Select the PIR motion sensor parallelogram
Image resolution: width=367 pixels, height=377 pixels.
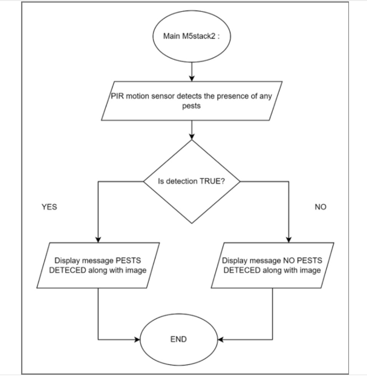tap(191, 101)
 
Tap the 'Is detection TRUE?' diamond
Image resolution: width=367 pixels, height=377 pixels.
tap(191, 181)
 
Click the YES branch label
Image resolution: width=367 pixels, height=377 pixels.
tap(49, 207)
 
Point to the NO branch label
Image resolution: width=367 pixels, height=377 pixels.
tap(320, 207)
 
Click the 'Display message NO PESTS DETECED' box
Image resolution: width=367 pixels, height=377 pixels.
tap(272, 265)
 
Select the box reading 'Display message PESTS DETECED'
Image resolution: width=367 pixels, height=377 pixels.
tap(99, 265)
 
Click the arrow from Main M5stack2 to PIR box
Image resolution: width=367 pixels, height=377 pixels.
tap(192, 71)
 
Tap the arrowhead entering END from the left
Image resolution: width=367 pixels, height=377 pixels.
tap(137, 339)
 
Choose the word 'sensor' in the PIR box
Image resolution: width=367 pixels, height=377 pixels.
tap(152, 96)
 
